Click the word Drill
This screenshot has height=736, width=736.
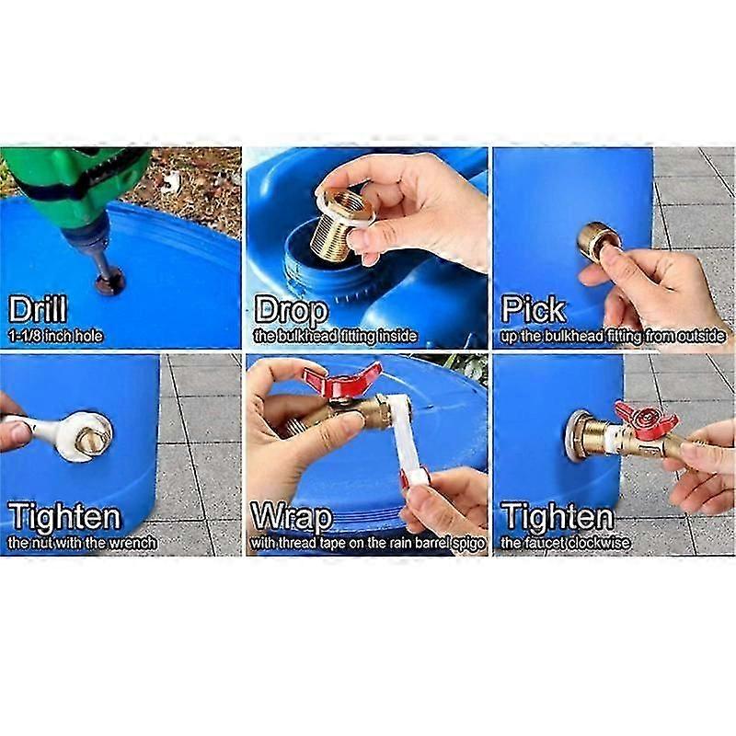click(x=38, y=309)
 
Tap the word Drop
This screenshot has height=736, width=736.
click(x=291, y=310)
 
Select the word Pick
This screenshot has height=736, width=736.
click(x=534, y=309)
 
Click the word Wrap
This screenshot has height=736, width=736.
click(x=292, y=516)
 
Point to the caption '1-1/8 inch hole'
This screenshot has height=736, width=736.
click(x=55, y=336)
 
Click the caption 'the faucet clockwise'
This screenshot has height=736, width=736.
click(x=565, y=543)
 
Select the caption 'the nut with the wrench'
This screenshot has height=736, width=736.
click(x=82, y=543)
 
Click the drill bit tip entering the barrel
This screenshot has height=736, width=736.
click(x=110, y=284)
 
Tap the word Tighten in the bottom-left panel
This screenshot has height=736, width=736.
click(x=64, y=517)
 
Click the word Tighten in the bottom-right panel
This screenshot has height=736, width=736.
click(x=558, y=517)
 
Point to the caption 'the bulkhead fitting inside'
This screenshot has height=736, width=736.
click(x=335, y=336)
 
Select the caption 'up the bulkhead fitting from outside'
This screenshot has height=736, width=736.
click(x=613, y=336)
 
